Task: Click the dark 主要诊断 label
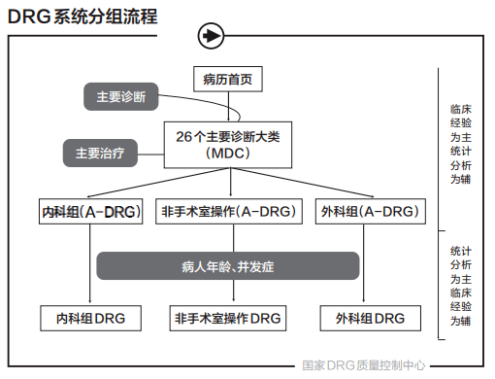[x=120, y=97]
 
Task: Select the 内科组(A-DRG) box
[x=90, y=211]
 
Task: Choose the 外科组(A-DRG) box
[x=370, y=211]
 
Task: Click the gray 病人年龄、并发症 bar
[x=228, y=264]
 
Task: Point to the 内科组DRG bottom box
[x=90, y=318]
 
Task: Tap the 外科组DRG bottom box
[x=370, y=318]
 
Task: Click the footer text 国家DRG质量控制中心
[x=364, y=366]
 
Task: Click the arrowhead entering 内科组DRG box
[x=90, y=301]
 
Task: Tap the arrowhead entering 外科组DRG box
[x=370, y=301]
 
